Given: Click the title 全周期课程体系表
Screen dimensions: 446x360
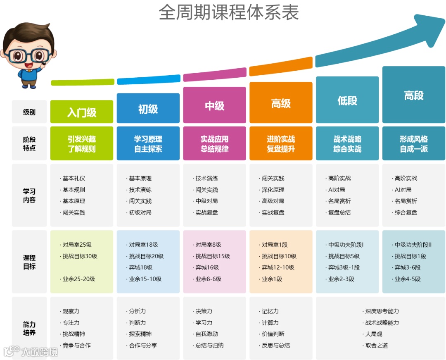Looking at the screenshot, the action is [x=228, y=13].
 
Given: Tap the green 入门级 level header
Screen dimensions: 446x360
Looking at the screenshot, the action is [x=82, y=112].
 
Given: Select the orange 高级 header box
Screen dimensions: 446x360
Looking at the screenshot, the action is [x=281, y=103].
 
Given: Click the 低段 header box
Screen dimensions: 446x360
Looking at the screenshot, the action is [x=347, y=100].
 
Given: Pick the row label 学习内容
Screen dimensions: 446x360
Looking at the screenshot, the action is [x=29, y=195].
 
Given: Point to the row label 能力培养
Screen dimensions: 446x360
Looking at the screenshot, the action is [x=29, y=328].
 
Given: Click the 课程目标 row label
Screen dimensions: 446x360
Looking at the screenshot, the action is [x=29, y=262].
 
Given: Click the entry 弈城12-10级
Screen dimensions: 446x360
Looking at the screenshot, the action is [x=278, y=267].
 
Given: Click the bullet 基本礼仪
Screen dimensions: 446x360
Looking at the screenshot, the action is [x=74, y=179].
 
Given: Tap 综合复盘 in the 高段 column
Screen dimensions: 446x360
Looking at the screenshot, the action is [x=406, y=212].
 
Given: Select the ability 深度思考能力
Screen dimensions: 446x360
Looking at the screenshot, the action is [x=382, y=311].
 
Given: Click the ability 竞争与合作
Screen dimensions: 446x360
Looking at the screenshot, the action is [x=76, y=346].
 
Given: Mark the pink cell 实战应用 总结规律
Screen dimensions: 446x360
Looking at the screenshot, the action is [x=214, y=144].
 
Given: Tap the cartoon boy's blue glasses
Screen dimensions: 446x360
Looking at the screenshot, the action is [x=28, y=55].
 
